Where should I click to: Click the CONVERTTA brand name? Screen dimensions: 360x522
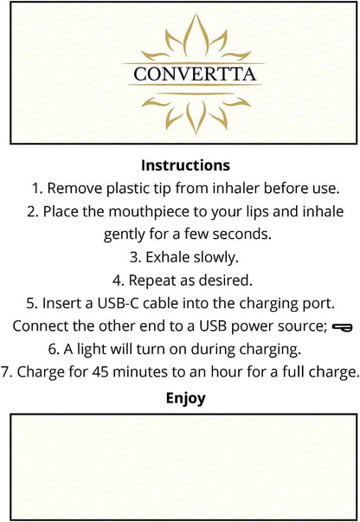[195, 74]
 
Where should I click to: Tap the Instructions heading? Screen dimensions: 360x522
[185, 165]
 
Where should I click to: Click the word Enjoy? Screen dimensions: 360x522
[185, 399]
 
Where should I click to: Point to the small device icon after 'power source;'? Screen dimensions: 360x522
[343, 327]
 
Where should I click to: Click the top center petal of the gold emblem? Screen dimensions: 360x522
[196, 35]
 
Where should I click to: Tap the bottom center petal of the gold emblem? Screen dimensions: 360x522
[196, 117]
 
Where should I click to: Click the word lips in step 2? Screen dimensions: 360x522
[258, 212]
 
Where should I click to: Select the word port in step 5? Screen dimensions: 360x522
[319, 304]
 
